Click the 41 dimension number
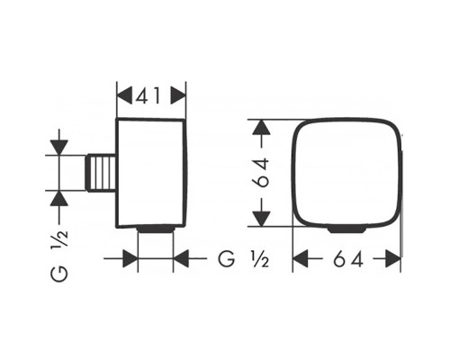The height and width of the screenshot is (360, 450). click(x=148, y=95)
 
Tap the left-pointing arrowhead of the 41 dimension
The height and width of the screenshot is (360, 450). click(x=124, y=95)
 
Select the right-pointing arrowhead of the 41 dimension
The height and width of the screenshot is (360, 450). click(x=178, y=95)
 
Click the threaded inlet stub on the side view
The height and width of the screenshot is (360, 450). click(x=101, y=173)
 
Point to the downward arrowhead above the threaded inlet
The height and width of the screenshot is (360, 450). click(x=59, y=148)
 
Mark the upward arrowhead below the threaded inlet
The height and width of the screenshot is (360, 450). click(x=59, y=198)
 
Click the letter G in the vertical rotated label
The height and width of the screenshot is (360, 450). click(x=59, y=273)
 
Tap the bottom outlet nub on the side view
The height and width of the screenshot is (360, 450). click(x=156, y=229)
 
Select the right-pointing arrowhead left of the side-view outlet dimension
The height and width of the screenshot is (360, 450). click(x=130, y=258)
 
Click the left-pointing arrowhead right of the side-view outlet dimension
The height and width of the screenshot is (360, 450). click(x=181, y=258)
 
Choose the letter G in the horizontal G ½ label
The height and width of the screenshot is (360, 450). click(x=227, y=258)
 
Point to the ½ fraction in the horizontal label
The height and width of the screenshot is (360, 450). click(x=260, y=258)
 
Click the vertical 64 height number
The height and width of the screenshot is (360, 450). click(x=262, y=173)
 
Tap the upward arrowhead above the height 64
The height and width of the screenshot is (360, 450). click(x=262, y=127)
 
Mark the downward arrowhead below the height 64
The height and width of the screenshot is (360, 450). click(x=262, y=219)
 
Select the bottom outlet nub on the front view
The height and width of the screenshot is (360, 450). click(x=347, y=229)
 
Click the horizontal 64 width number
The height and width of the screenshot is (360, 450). click(x=348, y=258)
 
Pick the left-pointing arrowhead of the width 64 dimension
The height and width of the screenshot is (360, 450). click(x=301, y=258)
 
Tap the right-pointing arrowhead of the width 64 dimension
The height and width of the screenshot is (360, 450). click(x=392, y=258)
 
